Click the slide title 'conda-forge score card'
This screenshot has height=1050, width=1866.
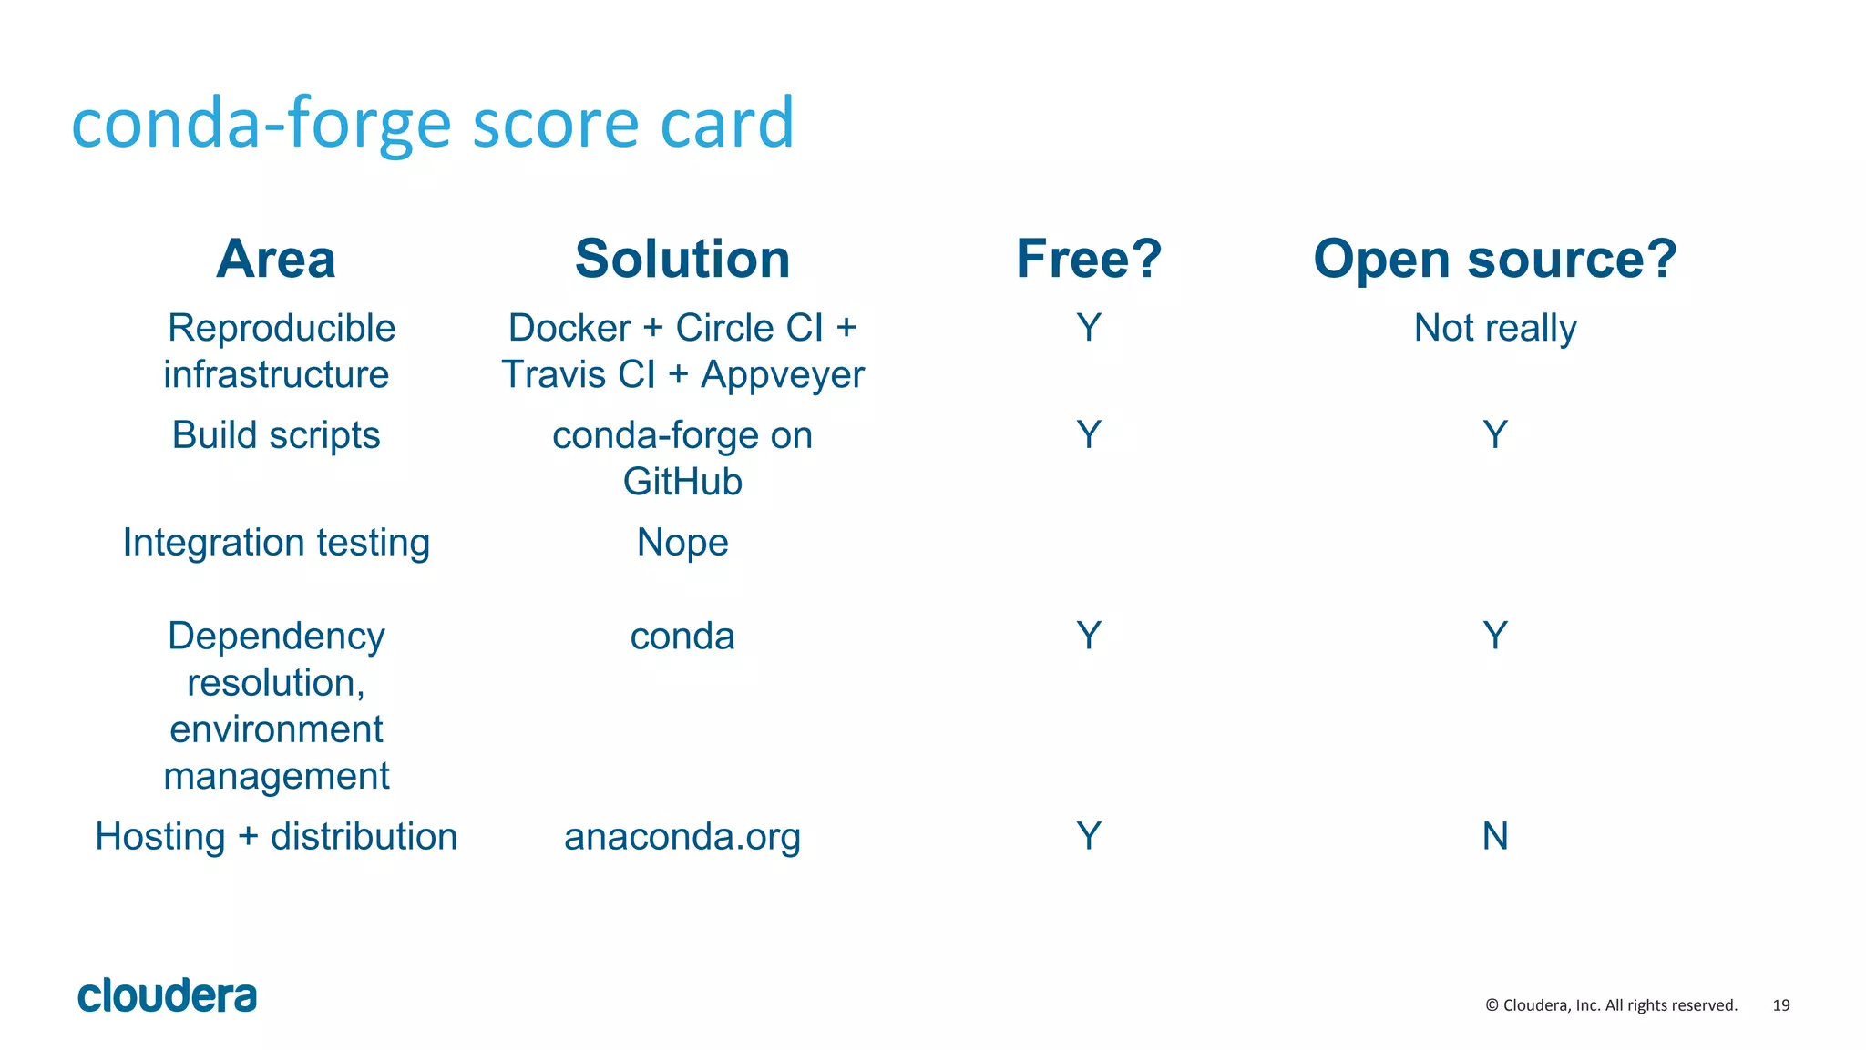433,123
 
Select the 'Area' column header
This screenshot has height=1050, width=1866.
276,259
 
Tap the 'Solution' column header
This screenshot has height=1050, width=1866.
682,259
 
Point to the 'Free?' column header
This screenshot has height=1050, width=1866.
1089,259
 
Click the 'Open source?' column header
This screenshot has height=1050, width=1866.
1494,259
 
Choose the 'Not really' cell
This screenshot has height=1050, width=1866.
1494,328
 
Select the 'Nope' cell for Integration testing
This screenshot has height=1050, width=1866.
682,543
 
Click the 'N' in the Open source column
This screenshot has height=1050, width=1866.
1495,836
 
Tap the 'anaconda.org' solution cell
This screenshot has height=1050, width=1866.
682,837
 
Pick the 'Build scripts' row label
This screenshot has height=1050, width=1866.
276,435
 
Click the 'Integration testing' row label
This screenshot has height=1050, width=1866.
276,543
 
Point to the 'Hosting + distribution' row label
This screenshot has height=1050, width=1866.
276,837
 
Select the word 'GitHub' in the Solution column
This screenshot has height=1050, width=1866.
682,482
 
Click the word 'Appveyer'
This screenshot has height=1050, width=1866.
783,375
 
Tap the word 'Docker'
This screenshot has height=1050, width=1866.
569,328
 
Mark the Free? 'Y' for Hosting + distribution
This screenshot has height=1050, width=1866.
1089,836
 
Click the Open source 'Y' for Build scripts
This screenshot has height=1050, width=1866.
1495,435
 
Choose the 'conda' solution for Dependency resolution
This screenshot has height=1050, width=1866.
682,637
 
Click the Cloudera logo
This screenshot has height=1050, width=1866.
168,995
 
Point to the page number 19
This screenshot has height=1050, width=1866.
1781,1005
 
